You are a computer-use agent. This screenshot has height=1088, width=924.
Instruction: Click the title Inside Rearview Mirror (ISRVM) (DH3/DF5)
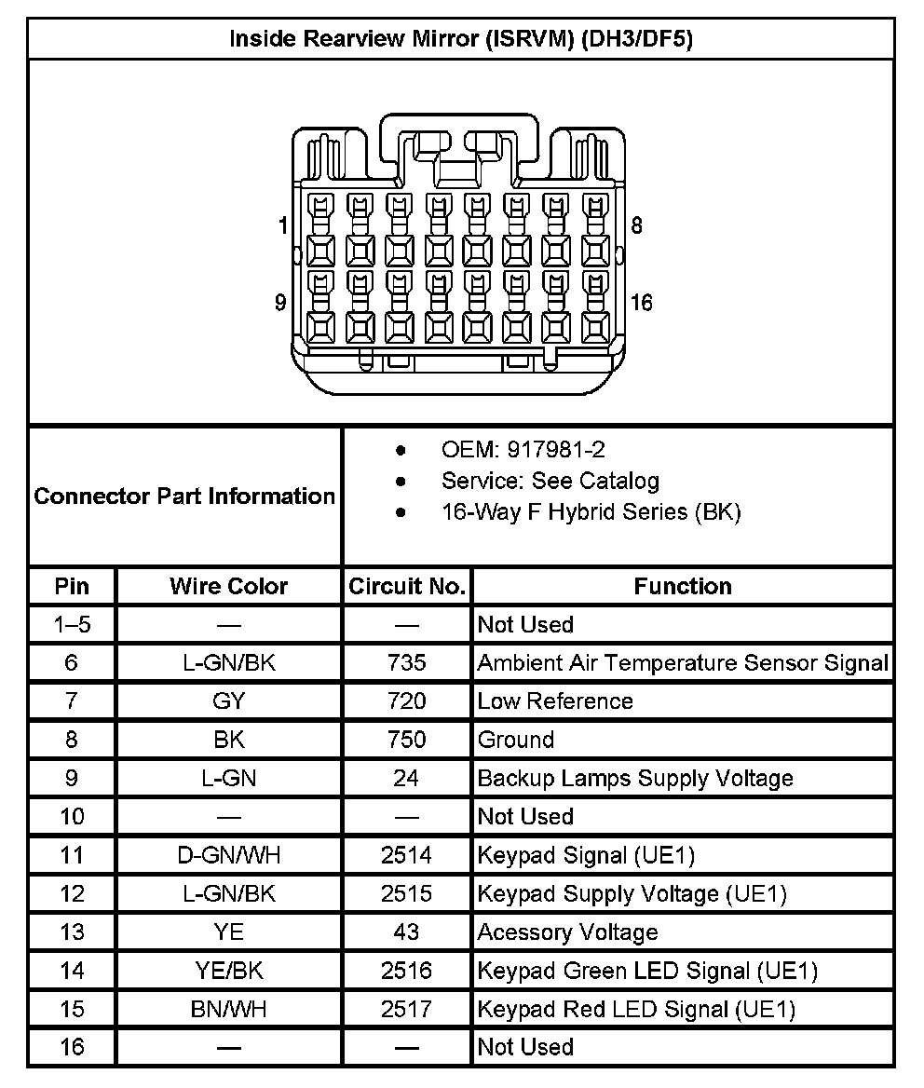pyautogui.click(x=461, y=39)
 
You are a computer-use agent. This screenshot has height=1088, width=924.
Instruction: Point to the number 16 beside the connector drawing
pyautogui.click(x=641, y=303)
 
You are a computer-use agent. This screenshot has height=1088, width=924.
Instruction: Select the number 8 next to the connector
pyautogui.click(x=636, y=225)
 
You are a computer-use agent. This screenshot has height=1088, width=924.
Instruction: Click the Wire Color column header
pyautogui.click(x=228, y=586)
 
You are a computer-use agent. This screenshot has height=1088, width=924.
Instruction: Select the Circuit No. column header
pyautogui.click(x=406, y=586)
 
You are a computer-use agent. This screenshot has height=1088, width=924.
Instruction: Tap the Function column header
pyautogui.click(x=683, y=586)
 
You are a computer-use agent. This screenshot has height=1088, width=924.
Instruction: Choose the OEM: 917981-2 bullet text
pyautogui.click(x=523, y=450)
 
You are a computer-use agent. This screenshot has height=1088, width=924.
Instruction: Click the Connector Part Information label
pyautogui.click(x=184, y=496)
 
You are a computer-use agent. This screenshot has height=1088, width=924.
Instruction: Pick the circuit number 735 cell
pyautogui.click(x=406, y=662)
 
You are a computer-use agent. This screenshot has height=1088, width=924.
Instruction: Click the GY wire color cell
pyautogui.click(x=228, y=700)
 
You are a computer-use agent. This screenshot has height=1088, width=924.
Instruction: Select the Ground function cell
pyautogui.click(x=516, y=740)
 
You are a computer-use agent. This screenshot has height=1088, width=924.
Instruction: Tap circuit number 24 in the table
pyautogui.click(x=406, y=778)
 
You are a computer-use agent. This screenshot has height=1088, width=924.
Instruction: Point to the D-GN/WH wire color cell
pyautogui.click(x=228, y=855)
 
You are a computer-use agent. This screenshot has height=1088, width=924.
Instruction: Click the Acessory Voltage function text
pyautogui.click(x=567, y=932)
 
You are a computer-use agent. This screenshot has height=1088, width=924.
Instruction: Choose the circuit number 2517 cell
pyautogui.click(x=406, y=1009)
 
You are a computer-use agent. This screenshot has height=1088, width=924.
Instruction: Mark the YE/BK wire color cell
pyautogui.click(x=228, y=971)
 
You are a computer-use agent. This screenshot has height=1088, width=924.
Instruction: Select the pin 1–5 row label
pyautogui.click(x=72, y=624)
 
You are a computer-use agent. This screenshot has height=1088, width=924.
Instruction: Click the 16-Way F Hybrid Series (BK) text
pyautogui.click(x=591, y=511)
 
